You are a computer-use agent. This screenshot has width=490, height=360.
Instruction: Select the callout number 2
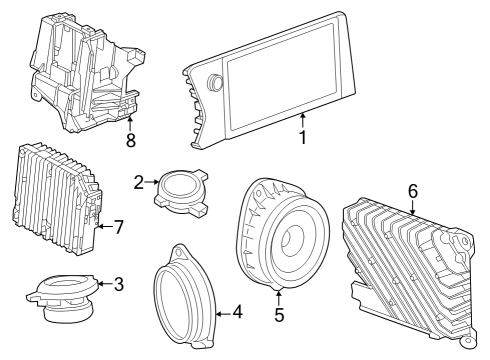point(139,181)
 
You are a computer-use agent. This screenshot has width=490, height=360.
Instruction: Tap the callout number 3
point(119,284)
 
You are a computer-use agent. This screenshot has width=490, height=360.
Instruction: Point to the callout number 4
point(238,312)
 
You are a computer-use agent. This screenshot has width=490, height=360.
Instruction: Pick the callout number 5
point(279,315)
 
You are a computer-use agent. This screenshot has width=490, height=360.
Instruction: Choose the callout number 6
point(412,190)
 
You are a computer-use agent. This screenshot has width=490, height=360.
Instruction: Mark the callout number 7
point(118,227)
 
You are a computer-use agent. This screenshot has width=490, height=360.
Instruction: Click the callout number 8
point(130,140)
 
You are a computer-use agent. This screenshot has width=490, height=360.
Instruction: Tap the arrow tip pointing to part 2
point(160,182)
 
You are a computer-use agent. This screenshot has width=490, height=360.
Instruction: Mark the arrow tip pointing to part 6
point(412,213)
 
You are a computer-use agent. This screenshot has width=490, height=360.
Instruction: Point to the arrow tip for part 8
point(130,117)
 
